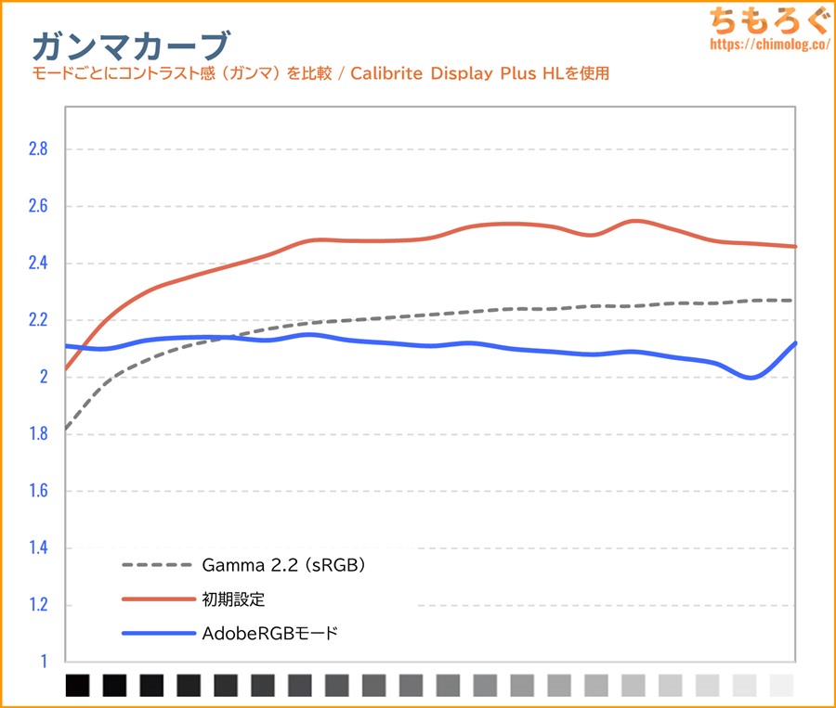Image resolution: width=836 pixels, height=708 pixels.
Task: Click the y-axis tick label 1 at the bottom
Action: (x=42, y=662)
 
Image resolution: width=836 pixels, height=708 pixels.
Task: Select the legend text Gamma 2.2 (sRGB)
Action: (x=283, y=564)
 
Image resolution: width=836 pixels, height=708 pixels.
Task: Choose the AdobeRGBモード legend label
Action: (x=269, y=635)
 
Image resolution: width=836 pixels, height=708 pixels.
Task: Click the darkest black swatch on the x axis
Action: (x=78, y=686)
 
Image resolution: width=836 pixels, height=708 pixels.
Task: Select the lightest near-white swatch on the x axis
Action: (x=782, y=686)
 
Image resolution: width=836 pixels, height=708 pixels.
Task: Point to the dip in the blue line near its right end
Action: (x=751, y=377)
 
